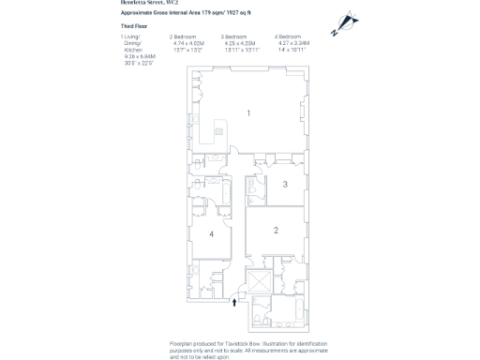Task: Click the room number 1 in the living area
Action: tap(248, 113)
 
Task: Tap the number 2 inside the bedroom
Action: tap(276, 230)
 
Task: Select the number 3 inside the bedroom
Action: tap(285, 185)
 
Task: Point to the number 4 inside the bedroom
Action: tap(212, 234)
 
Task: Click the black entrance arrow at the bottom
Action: tap(233, 302)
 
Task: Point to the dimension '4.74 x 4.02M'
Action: tap(187, 42)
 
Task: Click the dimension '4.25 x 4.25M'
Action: tap(239, 42)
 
